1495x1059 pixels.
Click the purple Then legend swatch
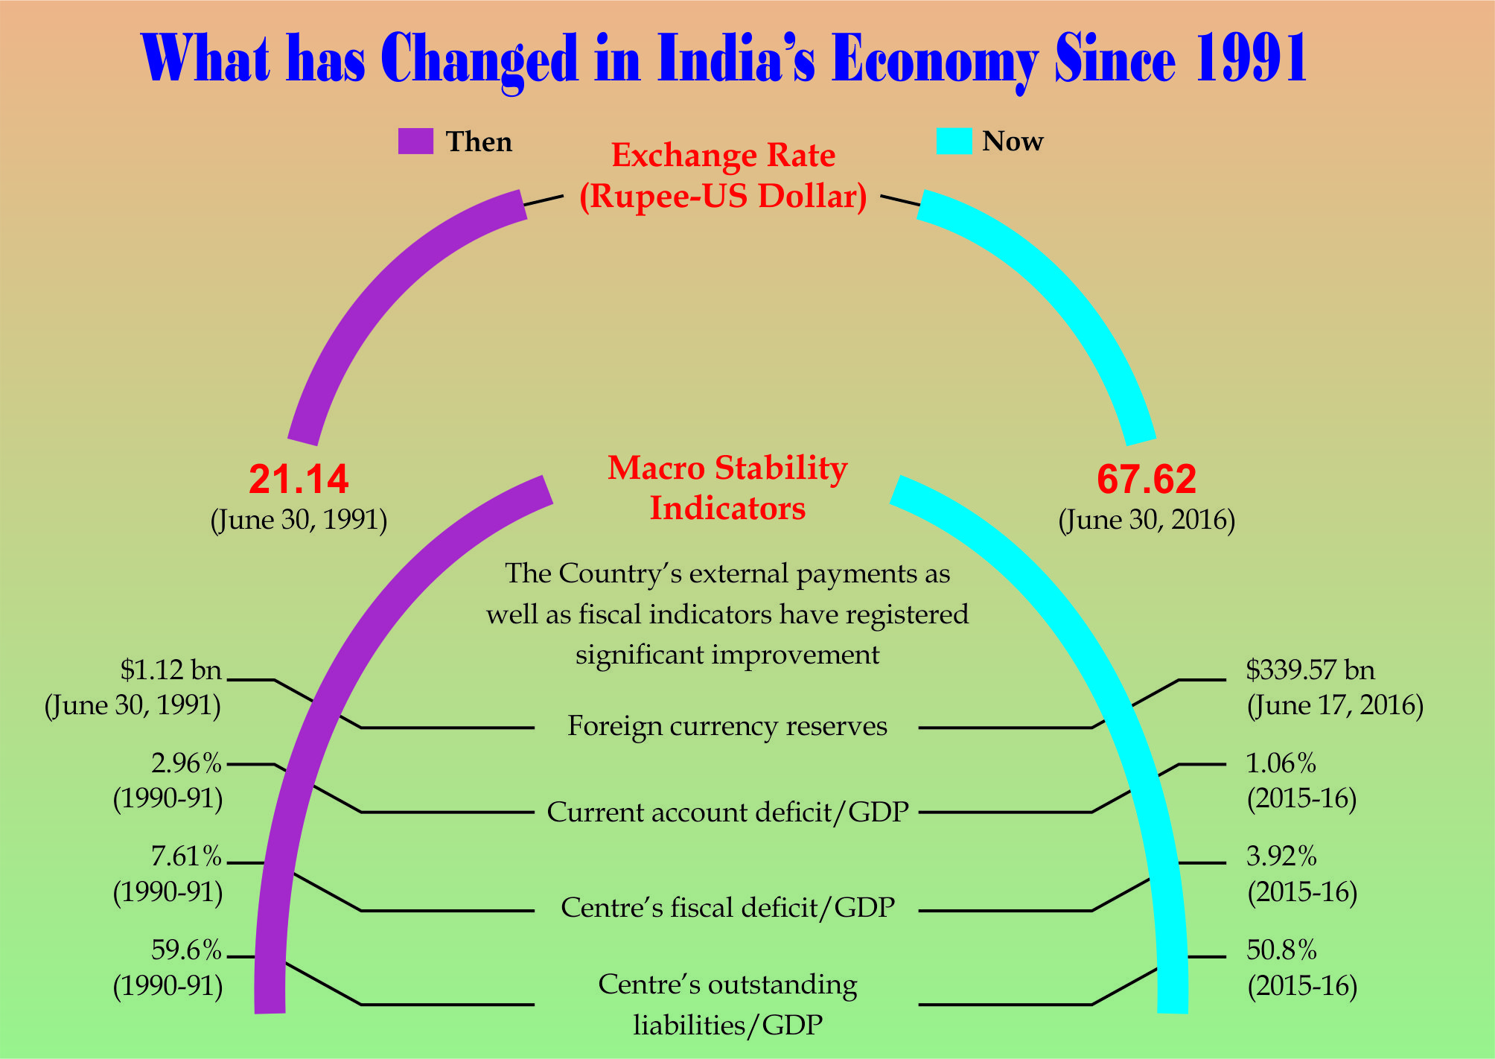tap(415, 141)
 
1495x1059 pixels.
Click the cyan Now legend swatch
tap(954, 141)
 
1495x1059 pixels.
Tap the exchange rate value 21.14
tap(299, 480)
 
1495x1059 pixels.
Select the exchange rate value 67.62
tap(1147, 480)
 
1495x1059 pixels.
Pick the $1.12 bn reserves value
tap(171, 671)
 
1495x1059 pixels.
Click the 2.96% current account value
tap(186, 764)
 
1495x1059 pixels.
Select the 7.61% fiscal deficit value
tap(186, 858)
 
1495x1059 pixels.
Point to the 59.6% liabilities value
tap(186, 951)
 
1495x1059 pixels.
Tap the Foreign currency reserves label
tap(727, 726)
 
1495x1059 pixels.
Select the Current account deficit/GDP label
tap(727, 812)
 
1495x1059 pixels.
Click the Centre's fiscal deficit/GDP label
tap(727, 908)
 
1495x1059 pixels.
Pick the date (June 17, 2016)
tap(1335, 705)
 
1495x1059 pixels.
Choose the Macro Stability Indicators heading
tap(727, 488)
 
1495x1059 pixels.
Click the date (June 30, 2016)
tap(1147, 520)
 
